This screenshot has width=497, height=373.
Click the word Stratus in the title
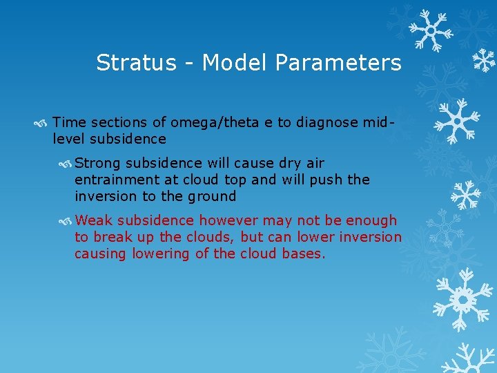point(126,64)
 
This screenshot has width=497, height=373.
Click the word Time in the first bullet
point(67,122)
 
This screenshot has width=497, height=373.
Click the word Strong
point(98,163)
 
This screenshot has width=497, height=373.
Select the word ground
point(214,196)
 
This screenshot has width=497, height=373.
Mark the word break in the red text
point(110,237)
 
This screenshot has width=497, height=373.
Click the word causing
point(97,254)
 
